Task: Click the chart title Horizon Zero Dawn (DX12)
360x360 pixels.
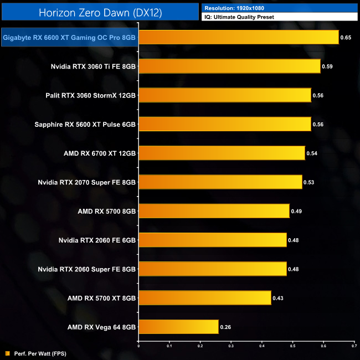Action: [100, 12]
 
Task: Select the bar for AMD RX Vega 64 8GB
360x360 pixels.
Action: [178, 327]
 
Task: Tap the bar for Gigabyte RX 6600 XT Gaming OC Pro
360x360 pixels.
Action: [238, 37]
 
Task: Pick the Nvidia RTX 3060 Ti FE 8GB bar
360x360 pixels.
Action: [229, 66]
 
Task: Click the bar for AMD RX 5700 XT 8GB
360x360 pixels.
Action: [204, 298]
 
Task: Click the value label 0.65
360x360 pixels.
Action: [346, 38]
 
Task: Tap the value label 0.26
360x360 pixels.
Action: [225, 327]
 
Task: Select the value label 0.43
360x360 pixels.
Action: [278, 299]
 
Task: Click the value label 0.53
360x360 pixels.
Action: [309, 182]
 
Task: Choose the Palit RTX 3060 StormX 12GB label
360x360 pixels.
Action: [91, 95]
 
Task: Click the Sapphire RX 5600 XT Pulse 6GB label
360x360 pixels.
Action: [88, 124]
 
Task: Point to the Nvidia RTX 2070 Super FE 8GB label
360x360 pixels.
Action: [87, 182]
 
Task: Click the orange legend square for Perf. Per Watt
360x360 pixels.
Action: [7, 353]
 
